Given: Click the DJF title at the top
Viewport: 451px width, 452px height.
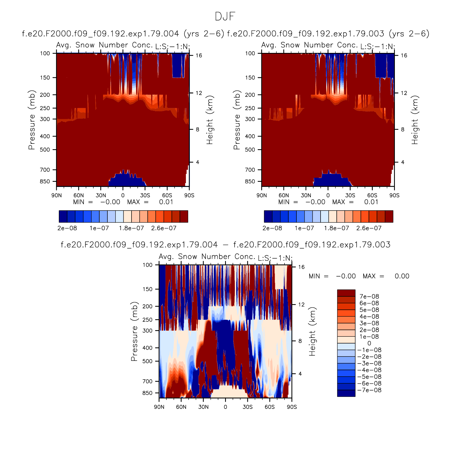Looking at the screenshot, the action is click(x=225, y=16).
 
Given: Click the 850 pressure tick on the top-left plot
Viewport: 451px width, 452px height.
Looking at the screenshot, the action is click(x=45, y=181).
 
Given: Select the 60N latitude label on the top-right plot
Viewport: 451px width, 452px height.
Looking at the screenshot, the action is click(x=284, y=195).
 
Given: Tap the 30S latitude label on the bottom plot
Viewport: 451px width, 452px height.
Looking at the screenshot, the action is click(x=248, y=407).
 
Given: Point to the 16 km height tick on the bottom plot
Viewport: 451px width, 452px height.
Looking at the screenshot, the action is click(x=302, y=267).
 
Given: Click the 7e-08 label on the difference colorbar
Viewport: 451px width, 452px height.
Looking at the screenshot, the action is click(x=369, y=296).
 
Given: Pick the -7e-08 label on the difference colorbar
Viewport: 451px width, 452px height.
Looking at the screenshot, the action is click(x=369, y=390).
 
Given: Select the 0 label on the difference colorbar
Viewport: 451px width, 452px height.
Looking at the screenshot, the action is click(x=369, y=343).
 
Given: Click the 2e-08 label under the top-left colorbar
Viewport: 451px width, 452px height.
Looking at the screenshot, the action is click(x=67, y=228).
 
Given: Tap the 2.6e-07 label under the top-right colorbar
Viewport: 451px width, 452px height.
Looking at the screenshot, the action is click(x=369, y=228).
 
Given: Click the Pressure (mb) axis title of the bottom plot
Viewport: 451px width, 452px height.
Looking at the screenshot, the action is click(x=134, y=331).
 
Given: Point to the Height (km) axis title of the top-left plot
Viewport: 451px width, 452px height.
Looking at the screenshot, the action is click(x=210, y=120).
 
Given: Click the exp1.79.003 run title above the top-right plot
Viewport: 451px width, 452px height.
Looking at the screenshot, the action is click(x=328, y=34).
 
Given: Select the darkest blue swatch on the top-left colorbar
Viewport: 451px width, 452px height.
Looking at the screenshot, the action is click(x=63, y=217).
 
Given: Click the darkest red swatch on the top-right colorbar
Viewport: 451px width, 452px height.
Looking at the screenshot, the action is click(x=389, y=217).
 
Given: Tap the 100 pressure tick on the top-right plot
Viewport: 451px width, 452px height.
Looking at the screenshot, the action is click(x=250, y=53).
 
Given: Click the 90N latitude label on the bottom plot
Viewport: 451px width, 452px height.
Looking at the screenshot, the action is click(x=159, y=407).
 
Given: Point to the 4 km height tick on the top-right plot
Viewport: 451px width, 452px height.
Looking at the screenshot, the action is click(x=403, y=162).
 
